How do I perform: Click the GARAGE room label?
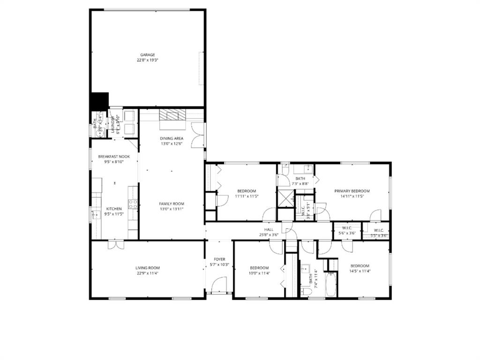click(147, 55)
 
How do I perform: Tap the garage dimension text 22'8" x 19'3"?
click(147, 60)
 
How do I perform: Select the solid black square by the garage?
click(99, 101)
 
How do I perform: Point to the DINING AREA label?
click(172, 138)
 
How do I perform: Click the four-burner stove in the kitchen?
click(133, 203)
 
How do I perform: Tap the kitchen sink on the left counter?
click(96, 215)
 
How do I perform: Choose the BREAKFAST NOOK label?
click(114, 157)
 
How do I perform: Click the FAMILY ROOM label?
click(172, 203)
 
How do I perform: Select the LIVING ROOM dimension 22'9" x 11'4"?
click(147, 273)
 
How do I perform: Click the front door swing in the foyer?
click(219, 285)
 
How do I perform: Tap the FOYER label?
click(219, 259)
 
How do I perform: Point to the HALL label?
click(269, 229)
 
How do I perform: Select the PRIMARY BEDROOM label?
click(352, 191)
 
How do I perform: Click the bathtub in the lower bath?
click(331, 285)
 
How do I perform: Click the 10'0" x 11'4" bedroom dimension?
click(259, 273)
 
